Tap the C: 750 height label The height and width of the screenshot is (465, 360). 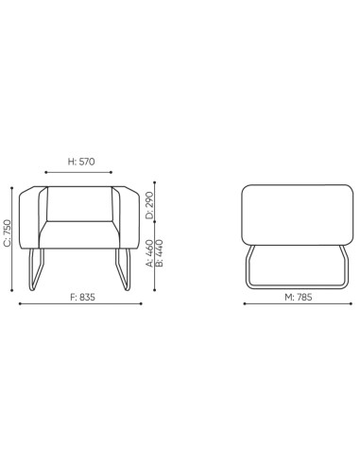point(9,233)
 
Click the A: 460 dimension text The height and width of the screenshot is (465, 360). point(149,253)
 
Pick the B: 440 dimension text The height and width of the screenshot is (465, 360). point(159,253)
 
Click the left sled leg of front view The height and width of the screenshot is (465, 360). point(38,268)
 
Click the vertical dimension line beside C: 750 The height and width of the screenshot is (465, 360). point(17,236)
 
